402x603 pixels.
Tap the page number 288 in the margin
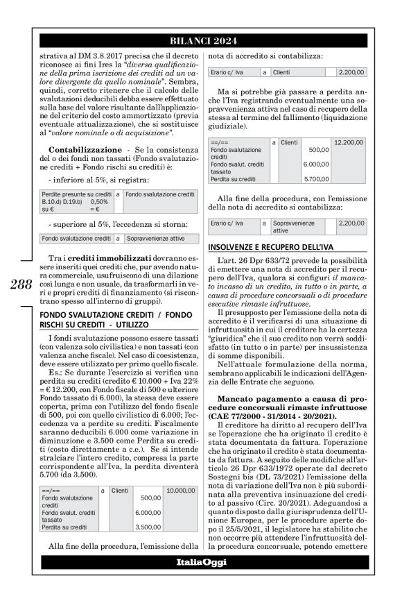21,284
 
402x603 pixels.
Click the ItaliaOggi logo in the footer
201,561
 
